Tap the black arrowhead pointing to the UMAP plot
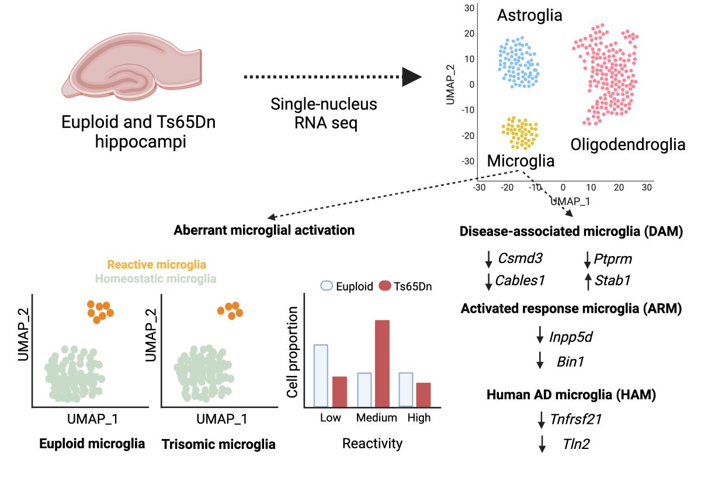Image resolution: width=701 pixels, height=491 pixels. point(412,77)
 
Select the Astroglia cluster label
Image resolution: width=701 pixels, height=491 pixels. point(529,16)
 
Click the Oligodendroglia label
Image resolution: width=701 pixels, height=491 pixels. point(627,144)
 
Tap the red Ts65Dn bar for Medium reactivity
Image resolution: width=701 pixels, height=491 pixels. point(381,363)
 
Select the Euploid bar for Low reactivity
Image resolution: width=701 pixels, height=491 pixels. point(321,375)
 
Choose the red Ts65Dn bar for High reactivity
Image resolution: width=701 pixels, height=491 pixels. point(424,395)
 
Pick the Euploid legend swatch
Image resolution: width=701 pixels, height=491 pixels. point(327,286)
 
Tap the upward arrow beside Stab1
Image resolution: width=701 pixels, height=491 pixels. point(587,282)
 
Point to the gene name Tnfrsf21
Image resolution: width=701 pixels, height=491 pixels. point(576,419)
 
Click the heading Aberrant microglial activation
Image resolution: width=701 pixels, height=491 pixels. point(264,230)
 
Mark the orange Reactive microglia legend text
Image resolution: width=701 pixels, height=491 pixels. point(157,265)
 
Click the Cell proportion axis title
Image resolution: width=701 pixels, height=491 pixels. point(294,359)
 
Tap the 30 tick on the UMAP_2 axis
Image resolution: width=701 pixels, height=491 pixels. point(469,8)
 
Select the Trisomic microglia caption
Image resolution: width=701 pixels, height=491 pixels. point(218,444)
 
